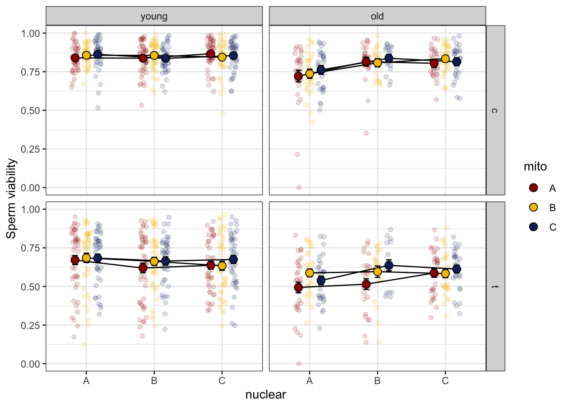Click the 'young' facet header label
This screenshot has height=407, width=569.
pyautogui.click(x=154, y=17)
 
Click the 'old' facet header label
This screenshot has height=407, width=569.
pyautogui.click(x=377, y=17)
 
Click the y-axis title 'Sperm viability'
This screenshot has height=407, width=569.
pyautogui.click(x=11, y=198)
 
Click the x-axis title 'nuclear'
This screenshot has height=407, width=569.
pyautogui.click(x=265, y=395)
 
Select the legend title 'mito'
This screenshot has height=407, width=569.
pyautogui.click(x=535, y=167)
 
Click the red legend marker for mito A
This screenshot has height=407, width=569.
pyautogui.click(x=533, y=188)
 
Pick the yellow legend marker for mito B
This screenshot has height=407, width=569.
pyautogui.click(x=533, y=207)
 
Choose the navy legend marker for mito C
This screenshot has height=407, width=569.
pyautogui.click(x=533, y=227)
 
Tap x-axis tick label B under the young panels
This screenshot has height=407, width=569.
pyautogui.click(x=154, y=381)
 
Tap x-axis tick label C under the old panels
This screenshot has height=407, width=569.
pyautogui.click(x=445, y=381)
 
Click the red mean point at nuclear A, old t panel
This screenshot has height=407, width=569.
pyautogui.click(x=298, y=287)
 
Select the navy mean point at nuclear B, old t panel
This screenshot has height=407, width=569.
pyautogui.click(x=389, y=266)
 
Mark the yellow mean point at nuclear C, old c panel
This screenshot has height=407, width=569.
pyautogui.click(x=445, y=59)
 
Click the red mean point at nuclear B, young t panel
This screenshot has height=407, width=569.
pyautogui.click(x=143, y=268)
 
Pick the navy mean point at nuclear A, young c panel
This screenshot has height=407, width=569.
pyautogui.click(x=98, y=54)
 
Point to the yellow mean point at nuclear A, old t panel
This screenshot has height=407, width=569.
pyautogui.click(x=309, y=273)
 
